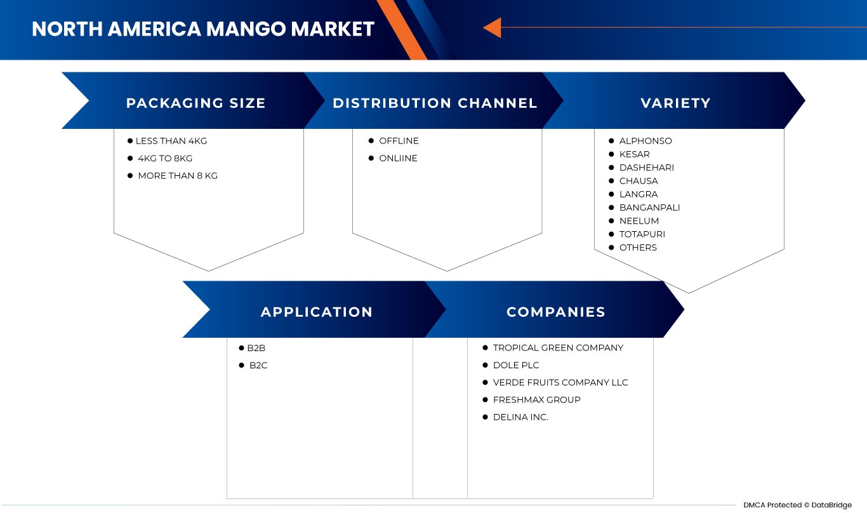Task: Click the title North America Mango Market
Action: coord(203,29)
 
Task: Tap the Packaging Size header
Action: coord(195,103)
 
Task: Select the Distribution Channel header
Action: coord(435,103)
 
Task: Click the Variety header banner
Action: coord(675,103)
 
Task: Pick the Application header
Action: coord(316,312)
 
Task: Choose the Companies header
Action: coord(555,312)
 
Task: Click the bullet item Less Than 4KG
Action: coord(171,141)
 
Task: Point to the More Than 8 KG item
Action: coord(177,175)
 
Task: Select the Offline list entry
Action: coord(399,141)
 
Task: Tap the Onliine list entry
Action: coord(398,158)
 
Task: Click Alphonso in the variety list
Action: coord(645,141)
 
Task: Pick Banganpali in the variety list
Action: coord(649,208)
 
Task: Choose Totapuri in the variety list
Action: coord(642,234)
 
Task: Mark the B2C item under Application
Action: coord(258,365)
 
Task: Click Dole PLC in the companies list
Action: coord(515,365)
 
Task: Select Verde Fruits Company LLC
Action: coord(560,382)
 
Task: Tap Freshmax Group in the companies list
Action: coord(536,399)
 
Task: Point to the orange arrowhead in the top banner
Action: coord(493,27)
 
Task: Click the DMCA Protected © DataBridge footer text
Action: coord(797,505)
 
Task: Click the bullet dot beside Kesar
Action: coord(611,154)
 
